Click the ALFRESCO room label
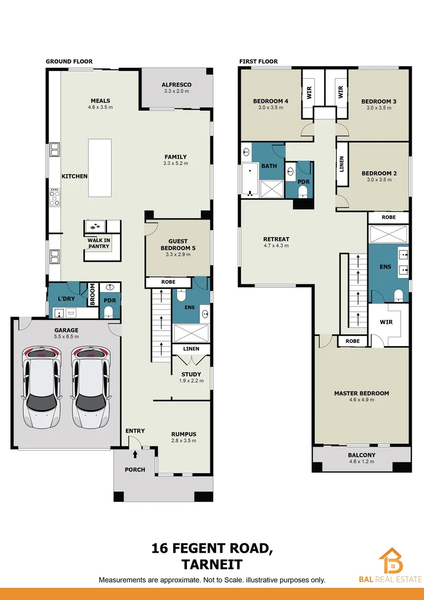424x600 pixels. tap(176, 84)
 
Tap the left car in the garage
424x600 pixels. tap(42, 387)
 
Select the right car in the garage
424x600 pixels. tap(91, 387)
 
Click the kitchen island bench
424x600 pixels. tap(100, 168)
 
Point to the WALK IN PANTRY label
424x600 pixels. tap(99, 243)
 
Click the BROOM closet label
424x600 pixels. tap(92, 294)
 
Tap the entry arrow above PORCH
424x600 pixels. tap(135, 454)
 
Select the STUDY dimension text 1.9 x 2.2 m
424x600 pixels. tap(191, 381)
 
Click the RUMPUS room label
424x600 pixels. tap(184, 434)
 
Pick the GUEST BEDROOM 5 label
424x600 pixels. tap(178, 244)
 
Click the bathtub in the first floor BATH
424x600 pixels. tap(250, 180)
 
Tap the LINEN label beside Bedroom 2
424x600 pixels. tap(342, 164)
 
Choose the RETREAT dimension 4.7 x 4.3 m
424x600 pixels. tap(276, 246)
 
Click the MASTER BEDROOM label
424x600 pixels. tap(361, 393)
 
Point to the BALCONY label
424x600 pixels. tap(361, 455)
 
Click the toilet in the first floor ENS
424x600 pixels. tap(399, 295)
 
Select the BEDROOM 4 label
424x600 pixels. tap(270, 101)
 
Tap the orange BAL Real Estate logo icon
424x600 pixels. tap(391, 560)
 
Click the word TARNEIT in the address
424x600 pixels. tap(212, 564)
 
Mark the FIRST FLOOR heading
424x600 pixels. tap(259, 61)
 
